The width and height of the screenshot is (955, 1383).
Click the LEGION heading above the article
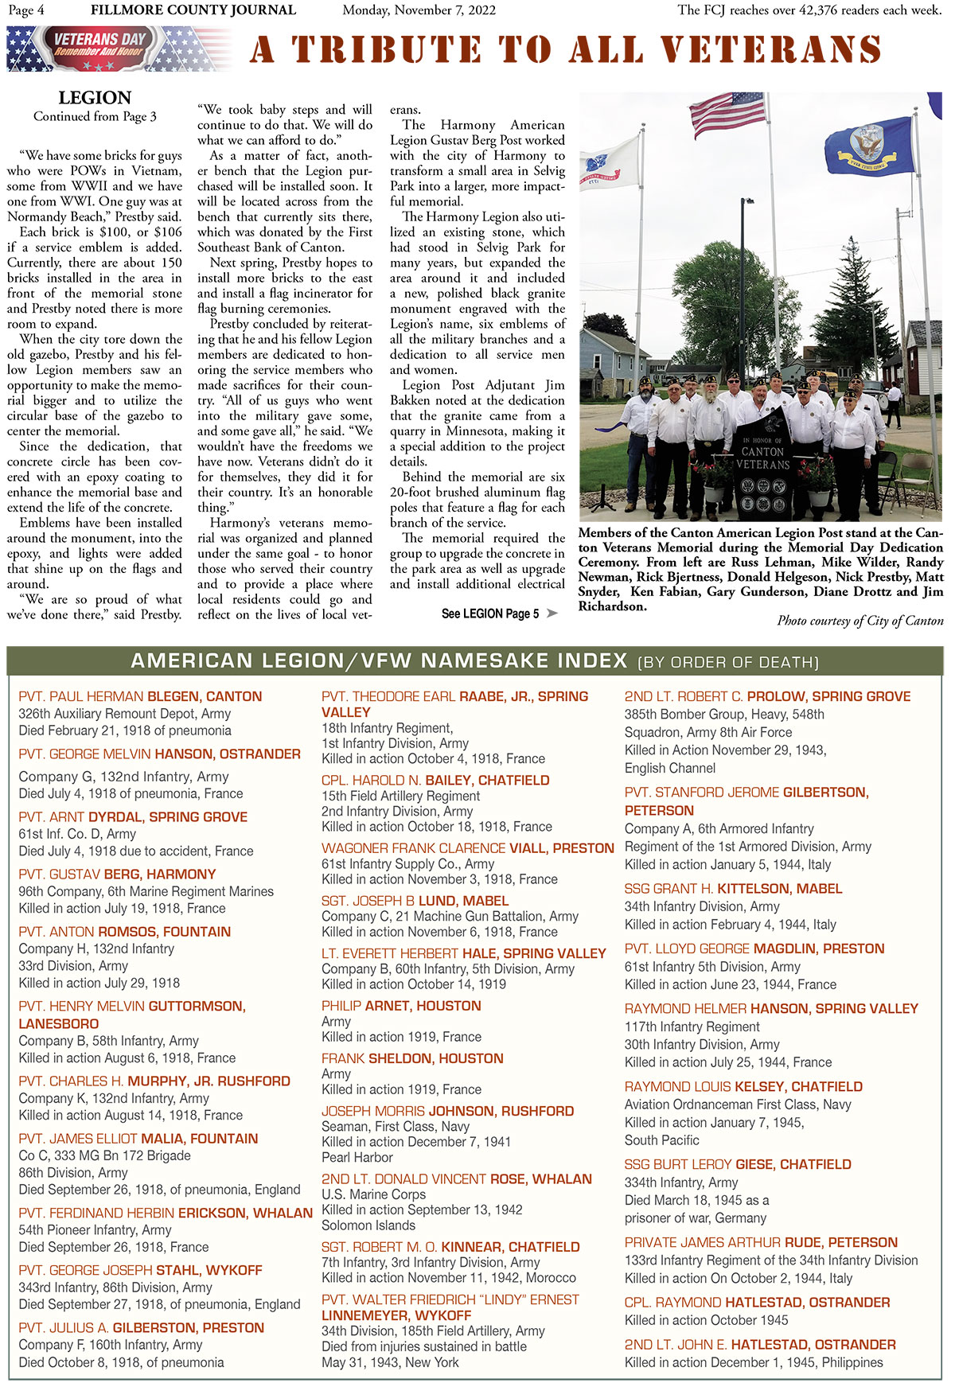tap(95, 98)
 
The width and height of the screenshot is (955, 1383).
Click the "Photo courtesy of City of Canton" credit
tap(859, 621)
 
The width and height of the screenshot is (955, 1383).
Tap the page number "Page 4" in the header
tap(26, 10)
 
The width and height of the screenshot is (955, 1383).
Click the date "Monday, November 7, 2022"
tap(419, 10)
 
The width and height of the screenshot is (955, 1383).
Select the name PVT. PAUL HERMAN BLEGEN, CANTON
tap(140, 696)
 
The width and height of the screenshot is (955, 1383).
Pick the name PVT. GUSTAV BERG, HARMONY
tap(117, 874)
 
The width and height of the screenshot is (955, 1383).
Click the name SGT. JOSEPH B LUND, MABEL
tap(415, 901)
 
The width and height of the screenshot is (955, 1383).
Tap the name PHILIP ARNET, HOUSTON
tap(401, 1006)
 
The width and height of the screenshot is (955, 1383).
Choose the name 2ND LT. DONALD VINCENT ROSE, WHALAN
tap(457, 1178)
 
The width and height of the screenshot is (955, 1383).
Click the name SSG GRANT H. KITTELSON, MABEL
tap(733, 888)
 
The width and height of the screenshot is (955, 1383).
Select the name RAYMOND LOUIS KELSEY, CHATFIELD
tap(743, 1086)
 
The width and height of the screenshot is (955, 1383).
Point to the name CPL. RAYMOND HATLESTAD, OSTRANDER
tap(757, 1302)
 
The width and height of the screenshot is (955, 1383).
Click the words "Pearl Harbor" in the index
tap(357, 1157)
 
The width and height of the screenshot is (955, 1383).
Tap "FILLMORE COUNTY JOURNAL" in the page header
tap(193, 10)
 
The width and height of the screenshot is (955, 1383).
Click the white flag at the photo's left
tap(610, 164)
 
